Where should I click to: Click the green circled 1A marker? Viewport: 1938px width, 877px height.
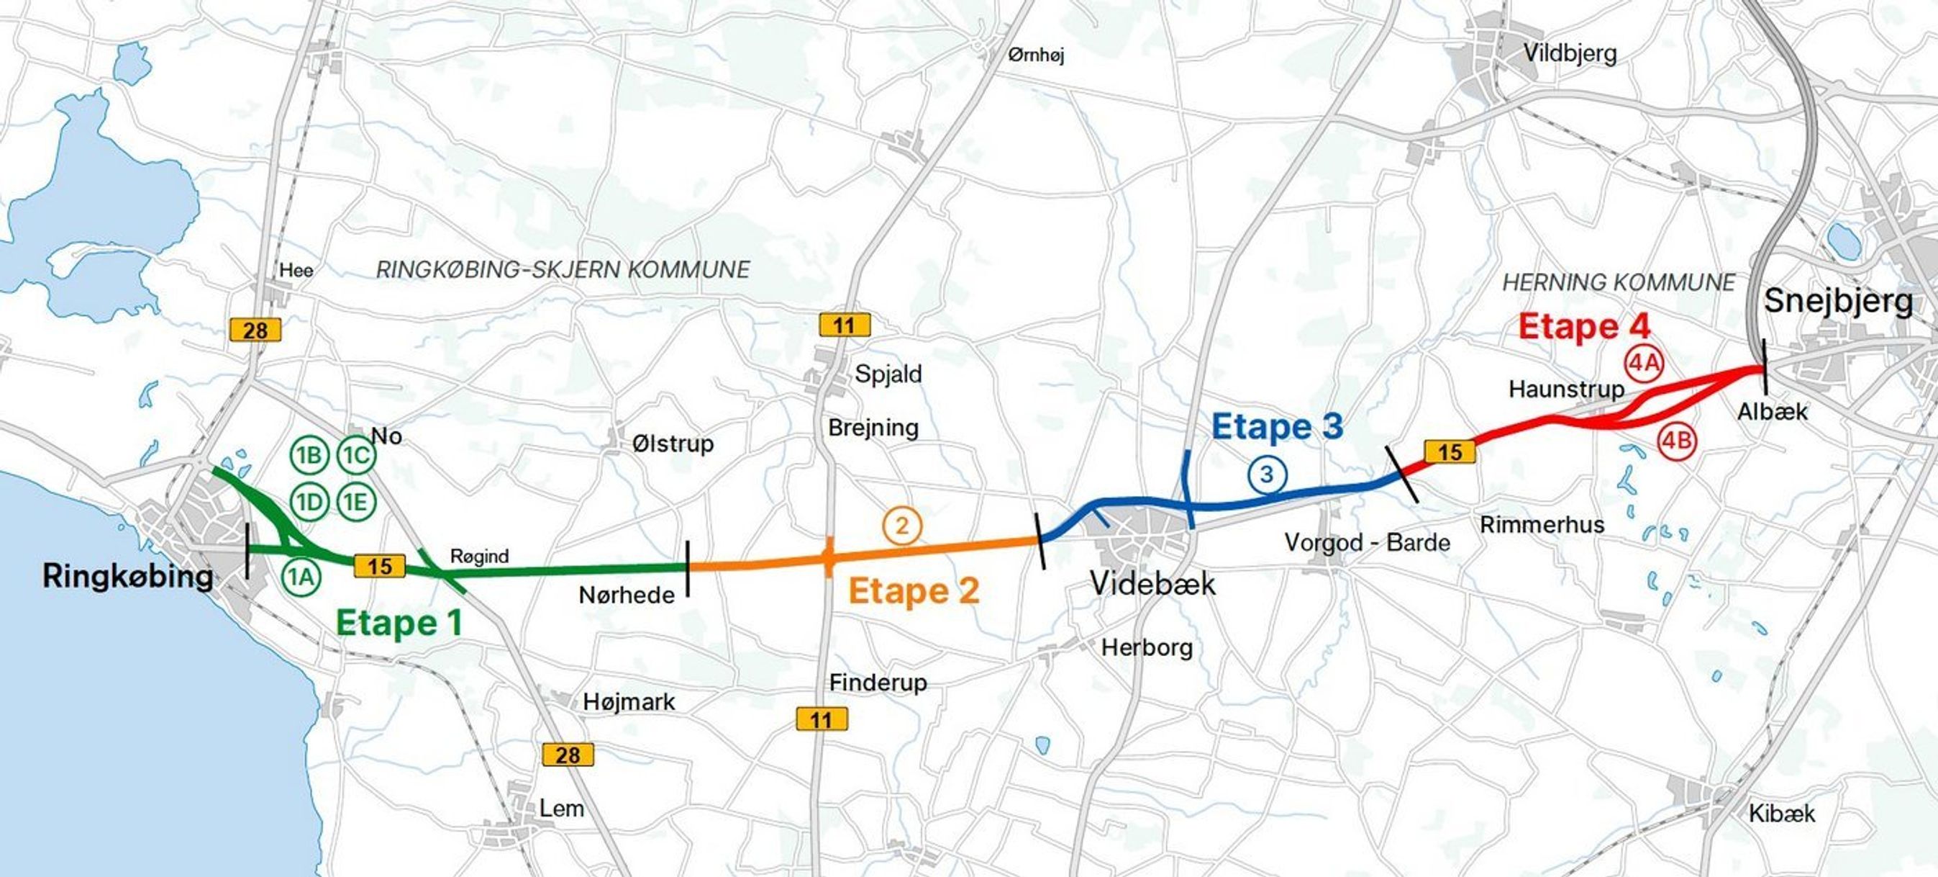[x=301, y=577]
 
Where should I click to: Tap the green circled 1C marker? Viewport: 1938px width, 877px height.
[x=356, y=456]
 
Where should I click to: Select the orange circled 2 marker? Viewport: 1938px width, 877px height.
[x=902, y=526]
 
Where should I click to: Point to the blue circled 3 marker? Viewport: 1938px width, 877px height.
[x=1268, y=475]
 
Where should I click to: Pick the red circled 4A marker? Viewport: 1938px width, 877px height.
[x=1644, y=364]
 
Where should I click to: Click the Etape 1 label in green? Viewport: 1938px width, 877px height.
[x=399, y=624]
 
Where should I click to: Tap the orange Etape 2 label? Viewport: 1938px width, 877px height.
[x=914, y=591]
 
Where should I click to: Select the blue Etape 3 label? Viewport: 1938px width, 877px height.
[x=1277, y=426]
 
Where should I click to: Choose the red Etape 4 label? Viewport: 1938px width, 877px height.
[x=1584, y=327]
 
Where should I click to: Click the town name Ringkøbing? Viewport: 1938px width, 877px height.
[x=127, y=577]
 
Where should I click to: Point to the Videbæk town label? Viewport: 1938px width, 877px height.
[x=1152, y=583]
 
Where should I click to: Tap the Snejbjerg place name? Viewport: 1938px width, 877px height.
[x=1839, y=301]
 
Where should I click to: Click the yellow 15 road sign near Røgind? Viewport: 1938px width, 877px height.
[x=380, y=566]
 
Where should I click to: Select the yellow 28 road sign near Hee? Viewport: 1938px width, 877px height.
[x=255, y=330]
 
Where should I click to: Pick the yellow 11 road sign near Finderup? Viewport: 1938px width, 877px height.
[x=822, y=719]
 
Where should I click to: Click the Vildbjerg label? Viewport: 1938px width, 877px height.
[x=1570, y=53]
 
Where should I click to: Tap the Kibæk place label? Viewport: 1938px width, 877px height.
[x=1781, y=813]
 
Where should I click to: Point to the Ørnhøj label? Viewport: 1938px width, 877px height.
[x=1036, y=55]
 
